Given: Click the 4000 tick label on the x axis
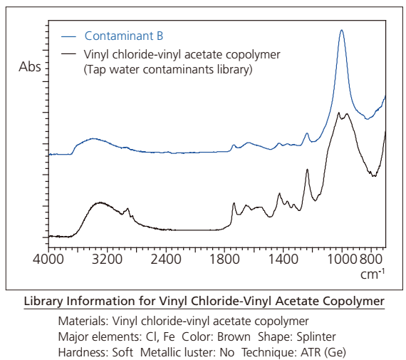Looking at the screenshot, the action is [x=48, y=259].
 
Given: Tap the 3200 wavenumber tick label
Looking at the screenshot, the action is [x=107, y=259].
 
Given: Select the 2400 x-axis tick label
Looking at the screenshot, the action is [x=166, y=259].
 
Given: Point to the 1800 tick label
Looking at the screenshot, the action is [x=224, y=259].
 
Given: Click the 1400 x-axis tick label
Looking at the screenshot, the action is [x=283, y=259].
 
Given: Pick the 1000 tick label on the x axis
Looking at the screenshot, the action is [x=343, y=259].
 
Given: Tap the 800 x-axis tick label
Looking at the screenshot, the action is [x=371, y=259].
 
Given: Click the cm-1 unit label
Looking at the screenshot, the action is [x=373, y=274].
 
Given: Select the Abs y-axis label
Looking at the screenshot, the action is [x=30, y=67].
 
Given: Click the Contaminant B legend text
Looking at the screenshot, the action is [x=124, y=36].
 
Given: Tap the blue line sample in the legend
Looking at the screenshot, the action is [x=68, y=37].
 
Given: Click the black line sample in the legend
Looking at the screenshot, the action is [x=68, y=54].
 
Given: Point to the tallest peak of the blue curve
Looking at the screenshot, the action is [x=341, y=30].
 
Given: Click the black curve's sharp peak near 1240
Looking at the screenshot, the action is [x=307, y=169].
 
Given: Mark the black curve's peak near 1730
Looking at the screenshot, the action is [x=234, y=203].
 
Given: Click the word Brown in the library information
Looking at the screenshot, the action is [x=234, y=337].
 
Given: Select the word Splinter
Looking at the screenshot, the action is [x=316, y=337].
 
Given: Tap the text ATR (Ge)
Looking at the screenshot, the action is [x=323, y=352].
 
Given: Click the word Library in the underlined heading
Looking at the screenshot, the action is [x=43, y=301].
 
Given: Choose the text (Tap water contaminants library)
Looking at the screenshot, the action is [x=168, y=69].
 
